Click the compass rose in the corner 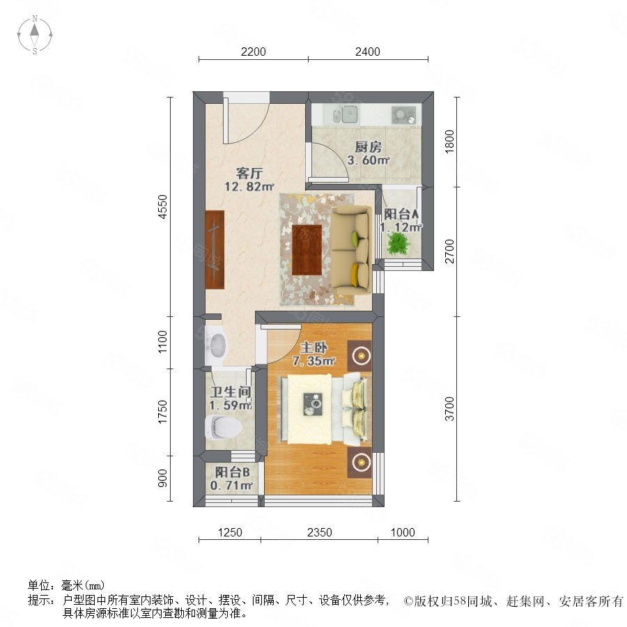click(x=35, y=35)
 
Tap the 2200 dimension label click(x=253, y=52)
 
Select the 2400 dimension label click(x=367, y=52)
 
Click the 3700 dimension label click(x=450, y=409)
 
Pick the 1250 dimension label click(x=230, y=532)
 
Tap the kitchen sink click(x=346, y=114)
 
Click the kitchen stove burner click(x=404, y=115)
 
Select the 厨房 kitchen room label click(x=368, y=147)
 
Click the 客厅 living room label click(x=249, y=173)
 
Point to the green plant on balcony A click(x=398, y=243)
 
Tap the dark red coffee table click(x=307, y=250)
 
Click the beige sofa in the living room click(x=350, y=250)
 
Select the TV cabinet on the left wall click(x=215, y=249)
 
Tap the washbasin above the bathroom click(x=216, y=346)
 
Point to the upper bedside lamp click(x=359, y=355)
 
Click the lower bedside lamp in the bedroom click(x=359, y=463)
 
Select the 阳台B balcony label click(x=232, y=472)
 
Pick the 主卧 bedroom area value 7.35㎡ click(x=313, y=361)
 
